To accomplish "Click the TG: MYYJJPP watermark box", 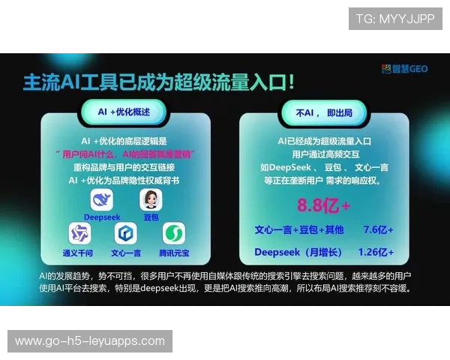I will point(395,18).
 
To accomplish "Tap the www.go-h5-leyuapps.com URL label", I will point(90,341).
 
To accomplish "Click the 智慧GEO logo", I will point(406,68).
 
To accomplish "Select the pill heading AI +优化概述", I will point(124,111).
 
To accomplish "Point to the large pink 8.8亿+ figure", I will point(324,205).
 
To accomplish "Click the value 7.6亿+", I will point(378,229).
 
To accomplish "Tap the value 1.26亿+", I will point(376,252).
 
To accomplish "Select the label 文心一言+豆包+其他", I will point(298,229).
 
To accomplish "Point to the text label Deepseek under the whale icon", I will point(102,217).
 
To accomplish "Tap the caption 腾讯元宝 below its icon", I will point(174,253).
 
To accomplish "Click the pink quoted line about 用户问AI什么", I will point(125,154).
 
